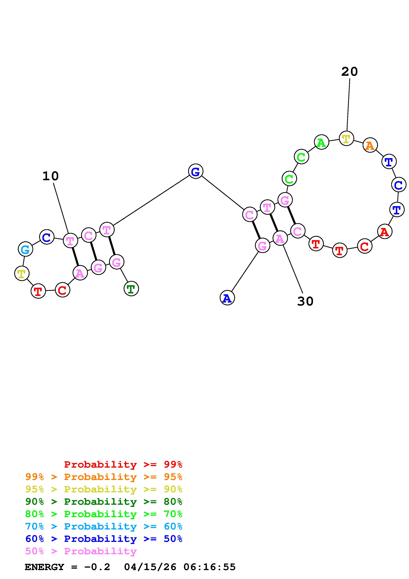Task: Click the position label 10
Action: (50, 176)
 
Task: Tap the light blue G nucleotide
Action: (25, 249)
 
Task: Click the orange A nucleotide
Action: (370, 145)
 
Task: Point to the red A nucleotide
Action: (385, 232)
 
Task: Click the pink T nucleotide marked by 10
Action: (70, 241)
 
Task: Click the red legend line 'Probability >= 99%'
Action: (123, 464)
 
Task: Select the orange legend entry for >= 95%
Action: (104, 477)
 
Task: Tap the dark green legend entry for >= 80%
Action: (104, 502)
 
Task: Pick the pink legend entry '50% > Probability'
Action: (81, 551)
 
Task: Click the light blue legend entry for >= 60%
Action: (104, 526)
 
